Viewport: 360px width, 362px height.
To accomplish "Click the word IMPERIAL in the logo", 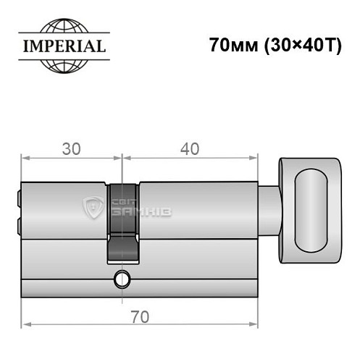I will click(62, 46).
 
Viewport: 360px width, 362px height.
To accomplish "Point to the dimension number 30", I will click(71, 149).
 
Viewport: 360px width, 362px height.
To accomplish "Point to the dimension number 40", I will click(190, 149).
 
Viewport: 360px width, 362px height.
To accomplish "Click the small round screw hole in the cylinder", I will click(122, 277).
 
